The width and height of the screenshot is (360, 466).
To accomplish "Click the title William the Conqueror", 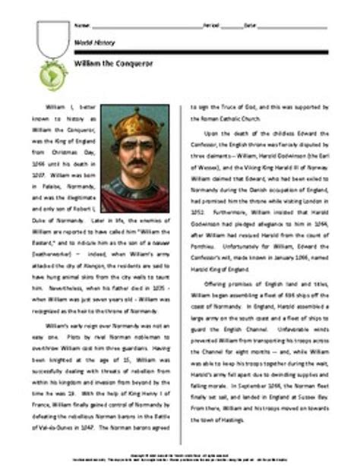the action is pos(107,65).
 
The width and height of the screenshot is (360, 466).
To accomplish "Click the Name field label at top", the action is pos(80,26).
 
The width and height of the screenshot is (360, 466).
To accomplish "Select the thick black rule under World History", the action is pos(205,52).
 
